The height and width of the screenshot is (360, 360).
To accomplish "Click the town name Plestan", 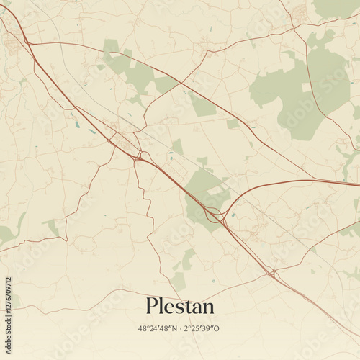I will click(179, 306).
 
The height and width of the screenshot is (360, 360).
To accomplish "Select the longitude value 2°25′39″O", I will click(203, 328).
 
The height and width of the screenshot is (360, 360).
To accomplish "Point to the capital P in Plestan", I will click(152, 306).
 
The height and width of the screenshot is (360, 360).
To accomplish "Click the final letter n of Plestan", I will click(207, 308).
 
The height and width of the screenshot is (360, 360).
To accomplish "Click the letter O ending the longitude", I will click(218, 328).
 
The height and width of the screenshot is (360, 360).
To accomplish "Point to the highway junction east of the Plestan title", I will click(272, 274).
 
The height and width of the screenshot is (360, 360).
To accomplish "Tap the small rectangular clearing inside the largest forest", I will click(306, 87).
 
